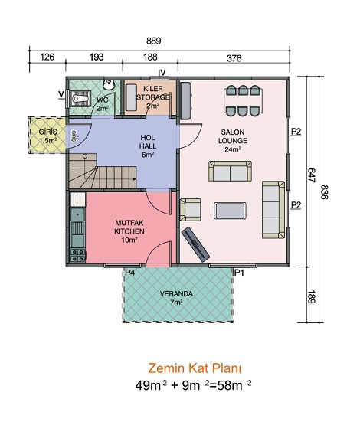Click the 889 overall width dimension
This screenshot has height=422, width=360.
pos(154,41)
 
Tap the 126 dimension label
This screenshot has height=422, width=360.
pos(47,57)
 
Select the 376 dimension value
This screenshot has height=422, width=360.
pos(234,58)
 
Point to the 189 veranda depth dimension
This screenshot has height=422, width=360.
pos(311,296)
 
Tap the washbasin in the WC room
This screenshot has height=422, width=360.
pos(109,85)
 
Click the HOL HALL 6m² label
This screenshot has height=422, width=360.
pos(148,146)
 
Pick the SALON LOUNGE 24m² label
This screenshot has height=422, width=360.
pos(233,140)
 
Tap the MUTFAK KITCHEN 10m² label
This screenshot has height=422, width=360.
pos(129,231)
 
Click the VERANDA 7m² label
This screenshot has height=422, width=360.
pos(176,298)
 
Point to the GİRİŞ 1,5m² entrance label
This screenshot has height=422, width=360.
pos(48,136)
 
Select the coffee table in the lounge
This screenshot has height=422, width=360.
pos(230,211)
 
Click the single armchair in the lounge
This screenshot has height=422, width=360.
pos(190,210)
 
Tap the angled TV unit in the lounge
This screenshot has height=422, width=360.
pos(195,244)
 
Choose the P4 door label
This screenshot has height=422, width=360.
pos(129,273)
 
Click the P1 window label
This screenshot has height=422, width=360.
pos(239,273)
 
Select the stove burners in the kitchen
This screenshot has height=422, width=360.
pos(77,255)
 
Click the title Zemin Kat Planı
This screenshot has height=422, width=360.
pos(195,368)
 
